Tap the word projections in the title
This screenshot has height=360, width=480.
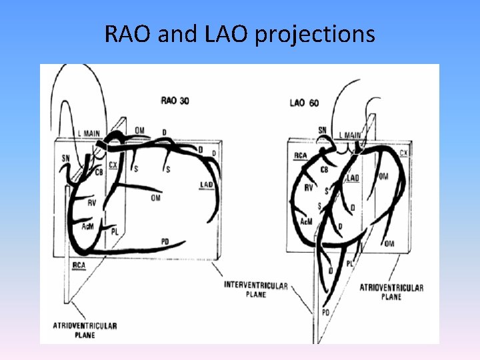click(316, 35)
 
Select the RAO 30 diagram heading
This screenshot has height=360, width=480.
click(175, 101)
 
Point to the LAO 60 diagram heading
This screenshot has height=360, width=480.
click(305, 103)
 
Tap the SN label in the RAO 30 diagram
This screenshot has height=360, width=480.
click(65, 158)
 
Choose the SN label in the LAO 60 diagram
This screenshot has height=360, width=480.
click(323, 131)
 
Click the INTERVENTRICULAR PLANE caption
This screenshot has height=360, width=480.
click(256, 290)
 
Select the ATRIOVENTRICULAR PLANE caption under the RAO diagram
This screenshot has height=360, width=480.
click(85, 330)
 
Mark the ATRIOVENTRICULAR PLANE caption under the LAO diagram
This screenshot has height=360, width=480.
click(391, 292)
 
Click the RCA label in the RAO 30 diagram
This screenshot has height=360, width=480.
click(79, 265)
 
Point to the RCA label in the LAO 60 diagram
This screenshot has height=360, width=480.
click(300, 156)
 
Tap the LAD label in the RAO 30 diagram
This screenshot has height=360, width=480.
click(206, 185)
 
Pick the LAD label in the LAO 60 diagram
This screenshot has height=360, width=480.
click(352, 178)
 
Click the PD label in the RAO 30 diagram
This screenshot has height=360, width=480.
click(165, 241)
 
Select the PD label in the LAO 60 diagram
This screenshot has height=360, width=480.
click(325, 312)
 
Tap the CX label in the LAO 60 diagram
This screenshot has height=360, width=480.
click(403, 153)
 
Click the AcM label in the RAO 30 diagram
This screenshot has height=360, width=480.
click(87, 227)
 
